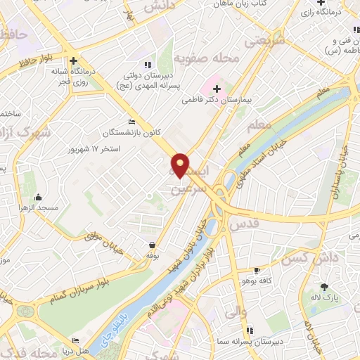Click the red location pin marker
[181, 165]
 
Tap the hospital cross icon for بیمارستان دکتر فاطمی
[217, 89]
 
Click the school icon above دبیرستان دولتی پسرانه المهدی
[148, 65]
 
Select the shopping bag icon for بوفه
[152, 245]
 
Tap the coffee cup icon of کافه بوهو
[257, 271]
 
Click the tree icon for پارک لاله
[324, 287]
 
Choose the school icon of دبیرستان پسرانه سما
[249, 330]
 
